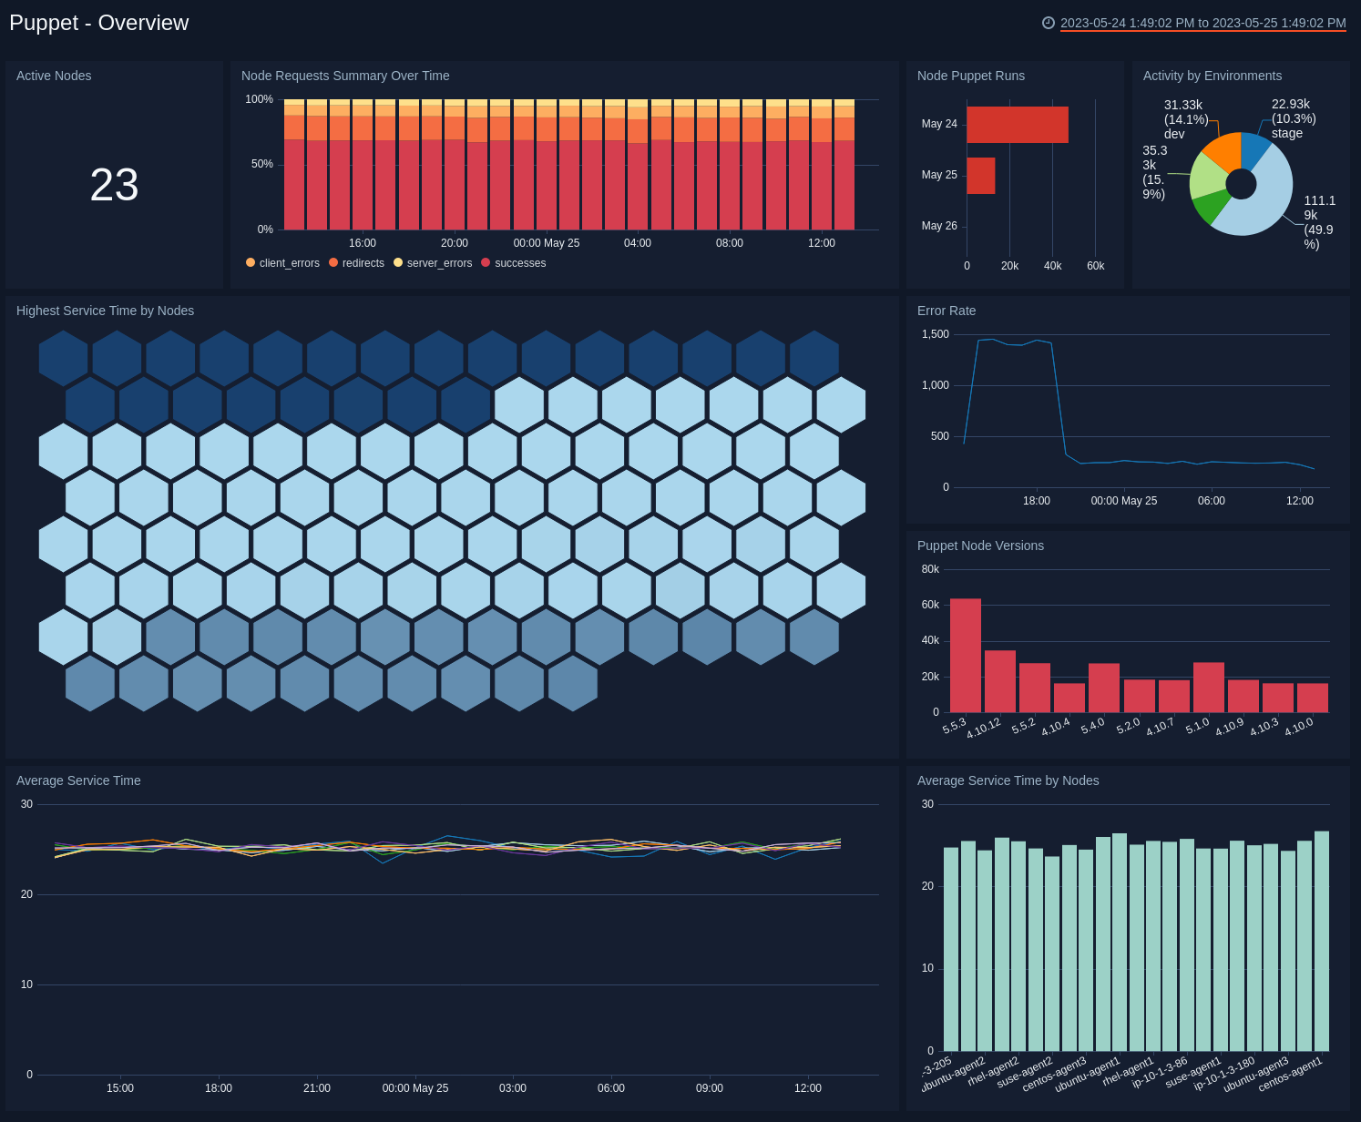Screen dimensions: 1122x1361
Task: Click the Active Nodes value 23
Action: point(114,185)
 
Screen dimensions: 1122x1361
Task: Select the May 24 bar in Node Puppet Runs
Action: point(1017,125)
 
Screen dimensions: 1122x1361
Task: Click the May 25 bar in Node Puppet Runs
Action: point(980,176)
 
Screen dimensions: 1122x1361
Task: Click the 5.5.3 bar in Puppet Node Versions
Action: point(966,656)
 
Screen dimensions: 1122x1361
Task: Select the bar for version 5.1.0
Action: point(1209,688)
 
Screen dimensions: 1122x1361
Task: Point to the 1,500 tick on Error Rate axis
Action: point(936,334)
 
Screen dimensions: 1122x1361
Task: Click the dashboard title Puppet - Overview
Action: point(99,23)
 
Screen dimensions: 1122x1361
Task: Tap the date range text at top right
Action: point(1202,23)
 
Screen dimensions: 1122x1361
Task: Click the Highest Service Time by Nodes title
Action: point(105,311)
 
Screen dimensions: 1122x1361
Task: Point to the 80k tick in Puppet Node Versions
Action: point(930,569)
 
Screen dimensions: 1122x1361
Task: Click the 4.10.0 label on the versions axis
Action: point(1299,727)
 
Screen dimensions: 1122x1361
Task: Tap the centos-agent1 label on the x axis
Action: point(1290,1075)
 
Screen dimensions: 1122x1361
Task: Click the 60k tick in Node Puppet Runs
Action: point(1095,266)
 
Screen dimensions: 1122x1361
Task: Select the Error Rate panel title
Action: point(947,311)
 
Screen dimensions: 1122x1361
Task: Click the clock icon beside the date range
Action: point(1049,23)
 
